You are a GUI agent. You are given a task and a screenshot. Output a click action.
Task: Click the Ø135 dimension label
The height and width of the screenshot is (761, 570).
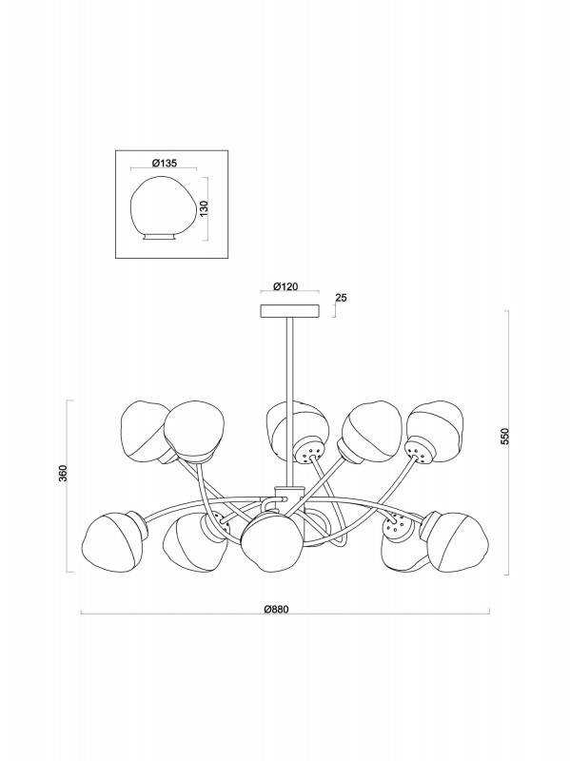[164, 163]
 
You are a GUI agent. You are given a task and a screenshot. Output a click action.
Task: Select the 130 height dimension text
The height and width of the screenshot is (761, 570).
[204, 208]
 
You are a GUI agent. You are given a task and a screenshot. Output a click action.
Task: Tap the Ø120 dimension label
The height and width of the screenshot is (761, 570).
[285, 287]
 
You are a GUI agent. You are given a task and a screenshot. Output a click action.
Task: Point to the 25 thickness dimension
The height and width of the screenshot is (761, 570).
[341, 298]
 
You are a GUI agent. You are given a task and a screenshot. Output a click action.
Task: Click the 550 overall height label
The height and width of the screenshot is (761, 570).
[505, 437]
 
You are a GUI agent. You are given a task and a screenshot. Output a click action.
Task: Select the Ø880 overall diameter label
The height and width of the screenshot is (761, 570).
[277, 610]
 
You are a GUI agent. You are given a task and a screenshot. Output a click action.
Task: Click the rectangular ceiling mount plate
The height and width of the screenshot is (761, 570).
[290, 311]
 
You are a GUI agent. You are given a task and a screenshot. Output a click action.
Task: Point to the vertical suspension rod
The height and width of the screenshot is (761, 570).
[290, 401]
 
